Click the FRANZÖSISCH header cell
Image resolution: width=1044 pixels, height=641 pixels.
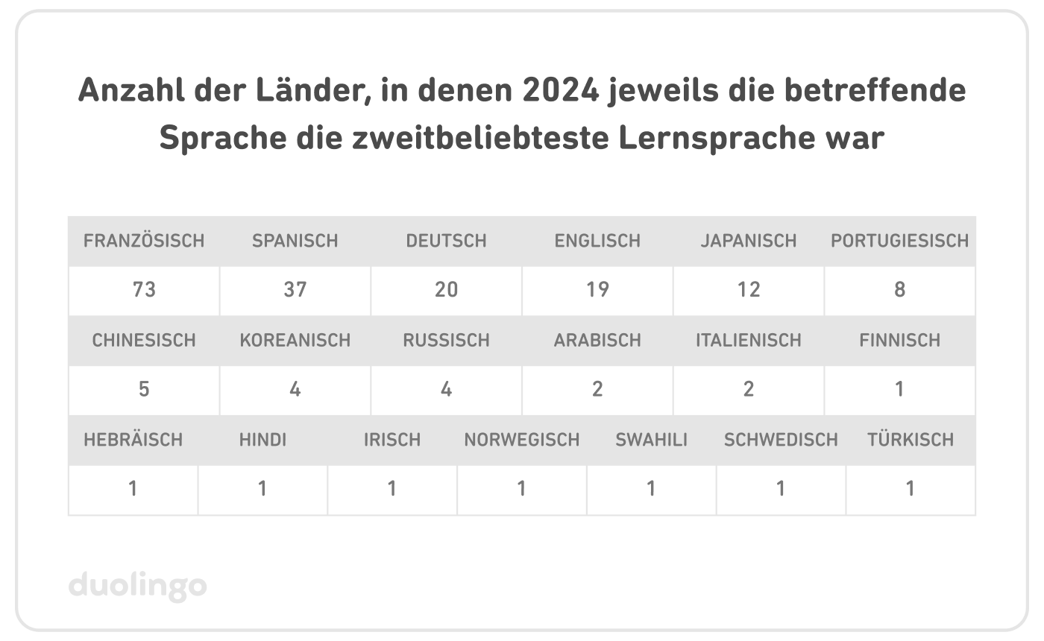pyautogui.click(x=144, y=241)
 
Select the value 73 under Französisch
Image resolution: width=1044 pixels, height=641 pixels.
pyautogui.click(x=144, y=289)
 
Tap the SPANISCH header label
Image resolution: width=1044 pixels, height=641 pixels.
pyautogui.click(x=295, y=241)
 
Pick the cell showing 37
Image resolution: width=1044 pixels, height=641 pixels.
pyautogui.click(x=295, y=289)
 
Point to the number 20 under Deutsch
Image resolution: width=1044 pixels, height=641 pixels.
pyautogui.click(x=446, y=289)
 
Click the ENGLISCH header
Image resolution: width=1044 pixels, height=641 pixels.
pyautogui.click(x=597, y=241)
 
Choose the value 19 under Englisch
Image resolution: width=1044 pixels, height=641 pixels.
pyautogui.click(x=597, y=289)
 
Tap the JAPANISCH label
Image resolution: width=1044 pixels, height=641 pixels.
pyautogui.click(x=749, y=241)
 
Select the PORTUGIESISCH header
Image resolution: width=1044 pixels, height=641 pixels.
pyautogui.click(x=899, y=241)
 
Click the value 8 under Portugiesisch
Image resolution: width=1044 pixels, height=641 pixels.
pyautogui.click(x=899, y=289)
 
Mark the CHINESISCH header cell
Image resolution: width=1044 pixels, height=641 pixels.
pyautogui.click(x=144, y=340)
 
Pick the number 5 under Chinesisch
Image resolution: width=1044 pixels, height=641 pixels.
pyautogui.click(x=144, y=389)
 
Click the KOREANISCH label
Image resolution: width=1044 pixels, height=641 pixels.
pyautogui.click(x=295, y=340)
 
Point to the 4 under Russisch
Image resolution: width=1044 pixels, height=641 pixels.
pyautogui.click(x=446, y=389)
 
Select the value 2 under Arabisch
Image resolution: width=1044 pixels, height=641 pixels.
pyautogui.click(x=597, y=389)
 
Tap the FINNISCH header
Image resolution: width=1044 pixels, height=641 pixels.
pyautogui.click(x=899, y=340)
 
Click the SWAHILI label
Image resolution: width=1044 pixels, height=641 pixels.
pyautogui.click(x=651, y=440)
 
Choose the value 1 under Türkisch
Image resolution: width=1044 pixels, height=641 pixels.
pyautogui.click(x=910, y=489)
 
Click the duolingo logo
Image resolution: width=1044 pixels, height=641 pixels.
pyautogui.click(x=137, y=586)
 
